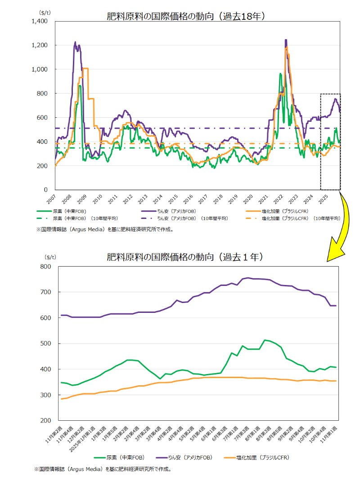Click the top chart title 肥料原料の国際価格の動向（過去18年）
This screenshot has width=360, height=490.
pyautogui.click(x=185, y=17)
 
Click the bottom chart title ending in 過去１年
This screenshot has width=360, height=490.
pyautogui.click(x=185, y=258)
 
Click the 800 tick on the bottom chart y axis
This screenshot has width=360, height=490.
pyautogui.click(x=47, y=267)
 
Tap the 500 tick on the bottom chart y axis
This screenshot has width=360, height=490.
pyautogui.click(x=47, y=343)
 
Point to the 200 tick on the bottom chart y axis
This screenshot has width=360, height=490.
pyautogui.click(x=47, y=420)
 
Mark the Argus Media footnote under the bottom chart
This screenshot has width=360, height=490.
pyautogui.click(x=103, y=469)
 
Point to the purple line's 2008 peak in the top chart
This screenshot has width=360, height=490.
pyautogui.click(x=75, y=42)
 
